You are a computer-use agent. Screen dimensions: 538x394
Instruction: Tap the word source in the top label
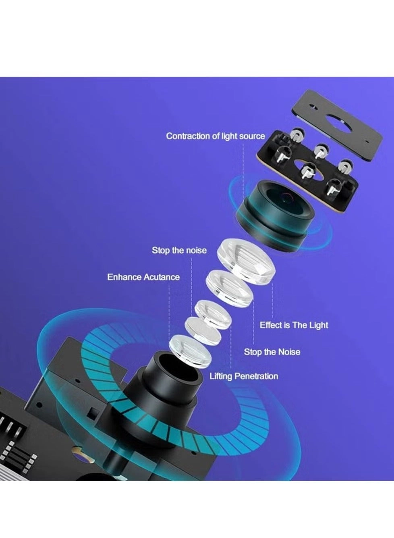tap(252, 136)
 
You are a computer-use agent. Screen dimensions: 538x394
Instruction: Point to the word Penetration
tap(256, 377)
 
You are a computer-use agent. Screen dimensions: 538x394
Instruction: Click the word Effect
tap(270, 325)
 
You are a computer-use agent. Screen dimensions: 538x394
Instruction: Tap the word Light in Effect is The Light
tap(319, 325)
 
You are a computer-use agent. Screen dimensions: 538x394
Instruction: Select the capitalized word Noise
tap(288, 352)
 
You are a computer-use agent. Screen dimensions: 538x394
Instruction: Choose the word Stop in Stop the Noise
tap(253, 352)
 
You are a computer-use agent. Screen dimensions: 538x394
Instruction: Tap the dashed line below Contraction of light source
tap(243, 161)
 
